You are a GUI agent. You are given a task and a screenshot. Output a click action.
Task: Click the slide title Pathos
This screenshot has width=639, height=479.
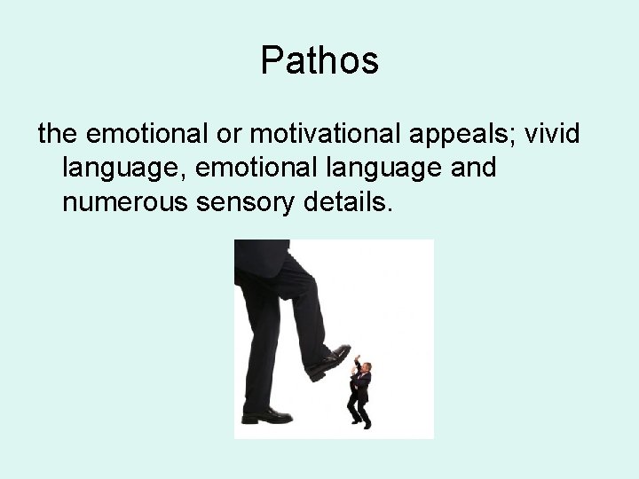click(x=319, y=61)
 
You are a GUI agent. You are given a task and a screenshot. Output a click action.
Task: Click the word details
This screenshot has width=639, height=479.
click(x=346, y=204)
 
